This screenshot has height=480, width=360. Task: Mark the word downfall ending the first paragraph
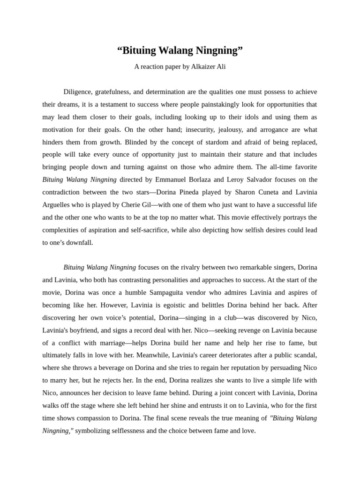click(80, 242)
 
